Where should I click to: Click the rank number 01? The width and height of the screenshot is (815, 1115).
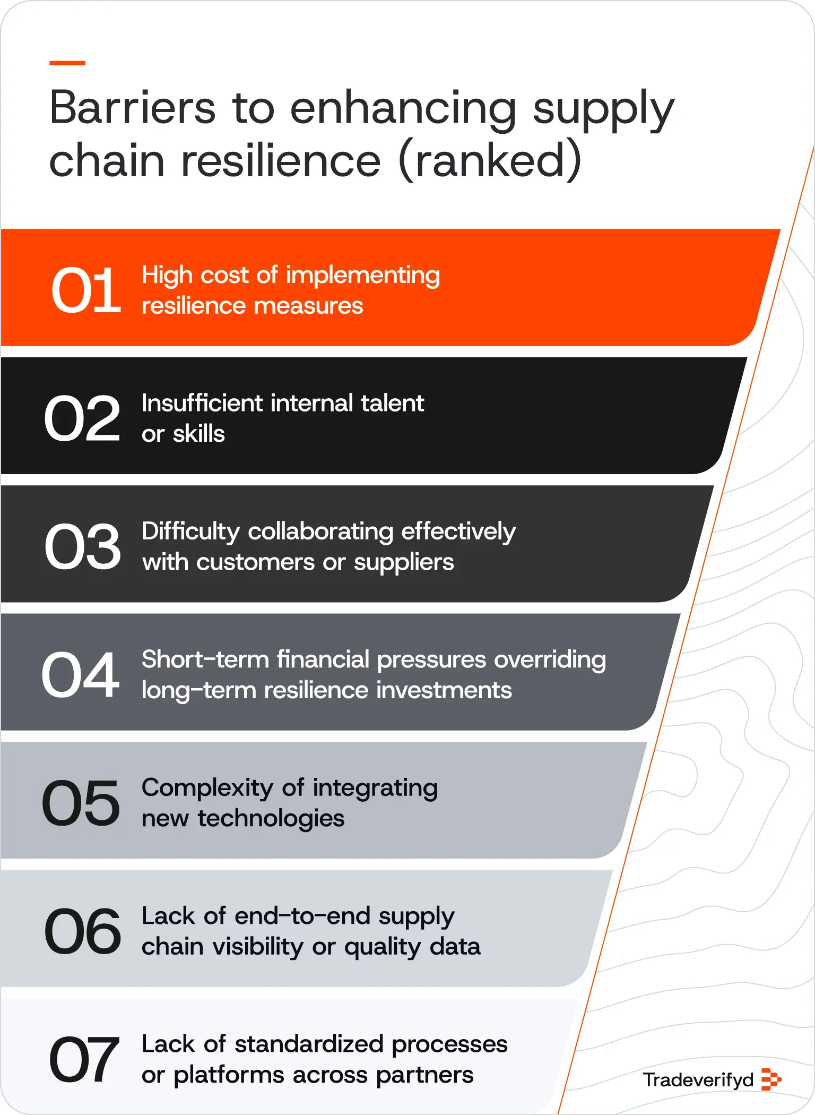tap(86, 290)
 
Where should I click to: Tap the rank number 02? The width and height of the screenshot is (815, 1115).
tap(82, 418)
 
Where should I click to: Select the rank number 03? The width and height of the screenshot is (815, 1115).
tap(83, 546)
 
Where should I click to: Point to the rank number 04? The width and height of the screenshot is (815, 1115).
tap(81, 675)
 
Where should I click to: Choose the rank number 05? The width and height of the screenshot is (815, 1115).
tap(81, 803)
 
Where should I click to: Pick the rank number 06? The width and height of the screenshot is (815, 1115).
tap(83, 931)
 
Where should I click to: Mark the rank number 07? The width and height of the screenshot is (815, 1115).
tap(84, 1059)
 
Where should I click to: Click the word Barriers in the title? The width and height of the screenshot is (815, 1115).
tap(133, 108)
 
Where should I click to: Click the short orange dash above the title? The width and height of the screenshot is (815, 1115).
tap(67, 63)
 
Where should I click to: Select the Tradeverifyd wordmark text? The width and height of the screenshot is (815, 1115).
tap(698, 1080)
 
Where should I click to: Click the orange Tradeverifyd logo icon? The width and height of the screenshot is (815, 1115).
tap(771, 1080)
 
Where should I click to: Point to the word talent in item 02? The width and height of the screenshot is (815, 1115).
tap(392, 403)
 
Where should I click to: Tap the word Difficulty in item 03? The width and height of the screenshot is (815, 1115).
tap(190, 531)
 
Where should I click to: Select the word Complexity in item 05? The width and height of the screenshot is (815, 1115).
tap(207, 788)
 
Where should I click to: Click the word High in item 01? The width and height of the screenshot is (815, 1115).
tap(167, 276)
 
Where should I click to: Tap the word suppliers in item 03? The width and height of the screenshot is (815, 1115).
tap(404, 562)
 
